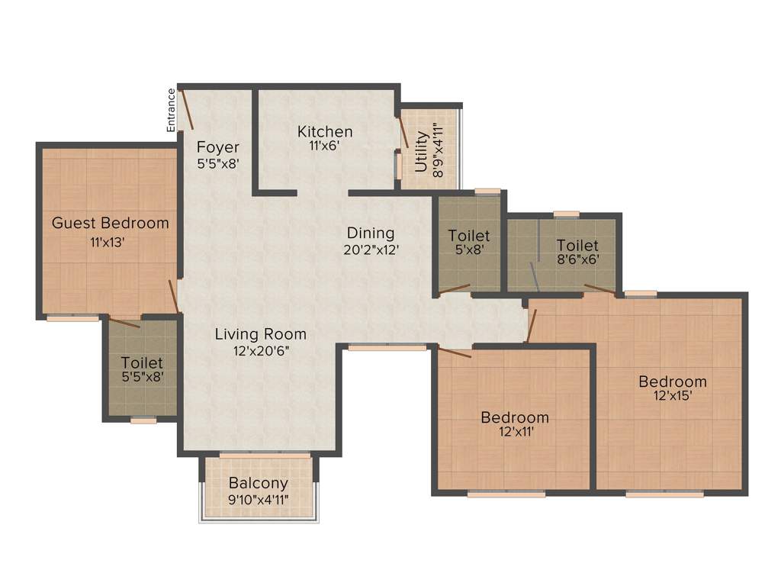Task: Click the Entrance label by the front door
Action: click(172, 111)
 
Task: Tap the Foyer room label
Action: click(218, 147)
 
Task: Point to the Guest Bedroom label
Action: click(110, 223)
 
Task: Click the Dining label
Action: click(371, 233)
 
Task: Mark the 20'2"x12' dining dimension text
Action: click(371, 249)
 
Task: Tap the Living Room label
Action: click(260, 333)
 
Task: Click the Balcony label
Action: click(259, 483)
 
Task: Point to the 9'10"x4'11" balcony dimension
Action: click(259, 500)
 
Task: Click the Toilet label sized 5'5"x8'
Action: click(142, 363)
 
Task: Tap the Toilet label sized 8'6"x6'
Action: click(577, 245)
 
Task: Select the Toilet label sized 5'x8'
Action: click(469, 235)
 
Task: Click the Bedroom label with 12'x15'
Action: click(673, 382)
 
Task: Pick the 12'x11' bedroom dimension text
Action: click(515, 432)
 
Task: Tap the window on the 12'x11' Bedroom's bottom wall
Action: click(506, 494)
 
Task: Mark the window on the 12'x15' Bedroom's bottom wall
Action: click(665, 494)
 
